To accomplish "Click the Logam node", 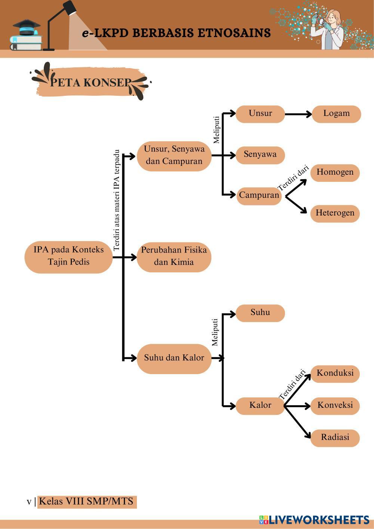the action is [x=337, y=114].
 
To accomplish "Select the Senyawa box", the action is [x=260, y=155].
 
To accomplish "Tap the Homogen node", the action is [x=335, y=173].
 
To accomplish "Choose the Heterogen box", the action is [x=335, y=214].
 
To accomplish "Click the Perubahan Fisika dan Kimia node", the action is [x=174, y=257].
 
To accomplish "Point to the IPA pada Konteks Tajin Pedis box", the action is [x=69, y=257].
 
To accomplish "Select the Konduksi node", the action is [x=335, y=374].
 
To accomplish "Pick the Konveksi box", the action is [x=335, y=406].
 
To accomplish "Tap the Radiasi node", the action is [x=335, y=438].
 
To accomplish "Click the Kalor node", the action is [x=260, y=406].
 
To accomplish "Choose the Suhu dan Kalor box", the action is [x=174, y=359].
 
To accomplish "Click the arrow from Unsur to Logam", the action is [x=298, y=114].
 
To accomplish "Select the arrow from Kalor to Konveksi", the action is [x=297, y=406].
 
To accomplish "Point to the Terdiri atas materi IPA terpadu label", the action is [x=116, y=200].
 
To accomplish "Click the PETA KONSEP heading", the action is [x=91, y=82].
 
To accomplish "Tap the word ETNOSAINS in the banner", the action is [x=234, y=33].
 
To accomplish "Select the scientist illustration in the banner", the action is [x=327, y=29].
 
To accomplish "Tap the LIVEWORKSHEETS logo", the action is [x=314, y=520].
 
